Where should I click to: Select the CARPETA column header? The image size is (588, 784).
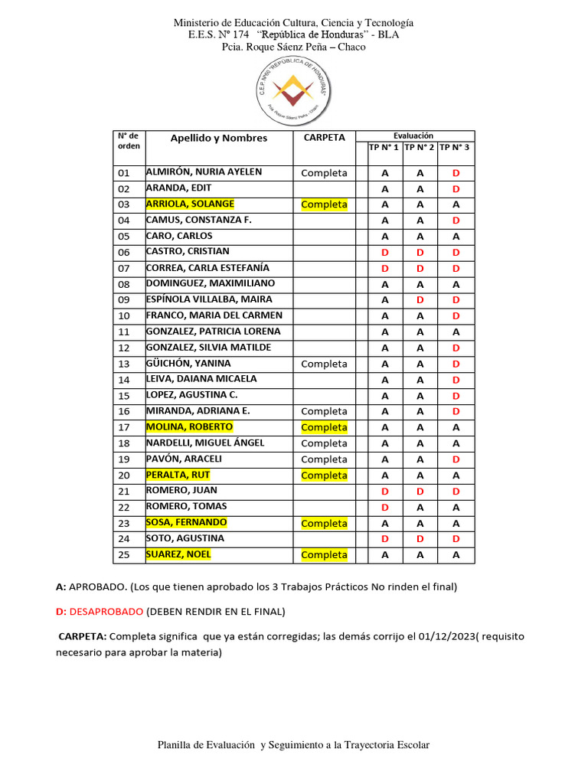coord(324,138)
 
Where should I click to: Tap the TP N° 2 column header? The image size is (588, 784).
coord(420,147)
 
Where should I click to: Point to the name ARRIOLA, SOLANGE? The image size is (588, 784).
coord(190,204)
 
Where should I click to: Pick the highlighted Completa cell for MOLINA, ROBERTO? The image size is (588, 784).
coord(324,427)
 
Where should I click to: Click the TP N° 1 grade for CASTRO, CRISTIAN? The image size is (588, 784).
coord(385,253)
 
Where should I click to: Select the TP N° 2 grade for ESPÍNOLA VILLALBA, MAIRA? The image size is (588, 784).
coord(420,300)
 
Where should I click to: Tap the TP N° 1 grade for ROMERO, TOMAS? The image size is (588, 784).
coord(385,507)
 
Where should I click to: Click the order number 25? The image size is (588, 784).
coord(125,555)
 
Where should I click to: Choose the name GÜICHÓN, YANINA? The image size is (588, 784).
coord(188,364)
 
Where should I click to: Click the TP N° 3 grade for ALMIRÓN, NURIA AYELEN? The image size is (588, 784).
coord(456,173)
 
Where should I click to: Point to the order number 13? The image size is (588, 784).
coord(125,364)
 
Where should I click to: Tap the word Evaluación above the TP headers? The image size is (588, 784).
coord(413,136)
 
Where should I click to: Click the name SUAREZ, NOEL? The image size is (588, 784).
coord(178,554)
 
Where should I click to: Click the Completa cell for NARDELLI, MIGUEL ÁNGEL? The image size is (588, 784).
coord(324,443)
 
